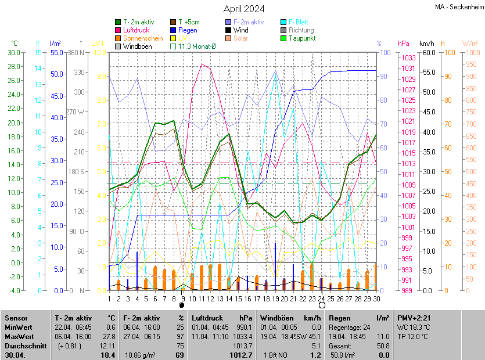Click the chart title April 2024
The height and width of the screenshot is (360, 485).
coord(244,9)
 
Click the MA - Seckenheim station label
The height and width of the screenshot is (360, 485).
coord(459,7)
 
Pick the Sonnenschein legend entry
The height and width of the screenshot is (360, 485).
coord(143,38)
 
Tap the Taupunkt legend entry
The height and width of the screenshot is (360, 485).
coord(301,38)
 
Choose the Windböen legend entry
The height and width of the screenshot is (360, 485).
coord(137,46)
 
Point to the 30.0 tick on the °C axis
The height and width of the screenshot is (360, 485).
coord(13,53)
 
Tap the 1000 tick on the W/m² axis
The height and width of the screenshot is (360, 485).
coord(470,53)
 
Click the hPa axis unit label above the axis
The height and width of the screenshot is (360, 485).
coord(403,44)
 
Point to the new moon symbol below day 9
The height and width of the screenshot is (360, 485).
coord(182,305)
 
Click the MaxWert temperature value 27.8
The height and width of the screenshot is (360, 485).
coord(109,337)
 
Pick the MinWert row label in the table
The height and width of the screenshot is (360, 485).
coord(19,327)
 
